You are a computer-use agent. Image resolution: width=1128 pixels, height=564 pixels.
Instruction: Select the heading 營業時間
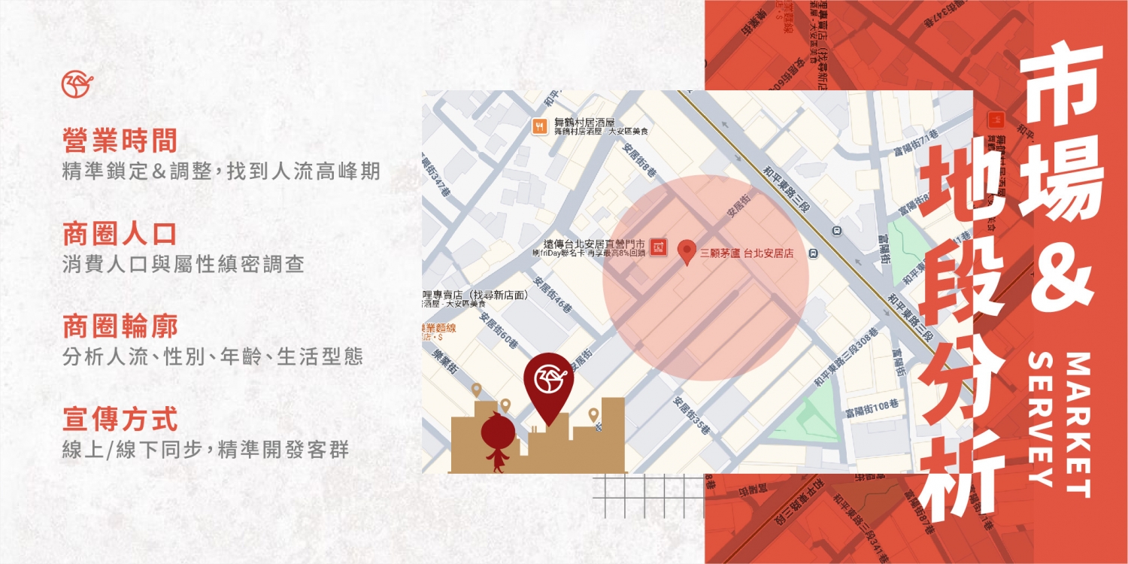pyautogui.click(x=120, y=141)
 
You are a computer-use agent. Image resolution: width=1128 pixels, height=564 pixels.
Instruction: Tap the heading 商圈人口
pyautogui.click(x=120, y=234)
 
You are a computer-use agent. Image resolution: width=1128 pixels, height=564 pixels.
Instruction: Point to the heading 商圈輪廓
pyautogui.click(x=120, y=327)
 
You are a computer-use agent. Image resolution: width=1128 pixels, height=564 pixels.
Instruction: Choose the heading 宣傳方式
pyautogui.click(x=120, y=420)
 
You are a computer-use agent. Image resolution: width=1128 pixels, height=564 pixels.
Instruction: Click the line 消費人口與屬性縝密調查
pyautogui.click(x=183, y=265)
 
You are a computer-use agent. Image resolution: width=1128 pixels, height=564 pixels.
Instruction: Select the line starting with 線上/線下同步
pyautogui.click(x=205, y=450)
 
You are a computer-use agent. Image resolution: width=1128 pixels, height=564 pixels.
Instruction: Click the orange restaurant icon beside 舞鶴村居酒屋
pyautogui.click(x=539, y=126)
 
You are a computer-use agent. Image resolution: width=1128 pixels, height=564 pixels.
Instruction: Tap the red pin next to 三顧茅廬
pyautogui.click(x=687, y=252)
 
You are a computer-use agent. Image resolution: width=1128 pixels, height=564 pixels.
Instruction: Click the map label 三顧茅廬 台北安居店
pyautogui.click(x=747, y=254)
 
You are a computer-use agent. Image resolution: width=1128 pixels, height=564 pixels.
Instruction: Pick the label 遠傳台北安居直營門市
pyautogui.click(x=593, y=244)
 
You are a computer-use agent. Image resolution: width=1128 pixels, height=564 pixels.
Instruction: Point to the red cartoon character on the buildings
pyautogui.click(x=497, y=441)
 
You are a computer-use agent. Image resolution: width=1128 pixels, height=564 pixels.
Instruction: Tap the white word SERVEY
pyautogui.click(x=1041, y=421)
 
